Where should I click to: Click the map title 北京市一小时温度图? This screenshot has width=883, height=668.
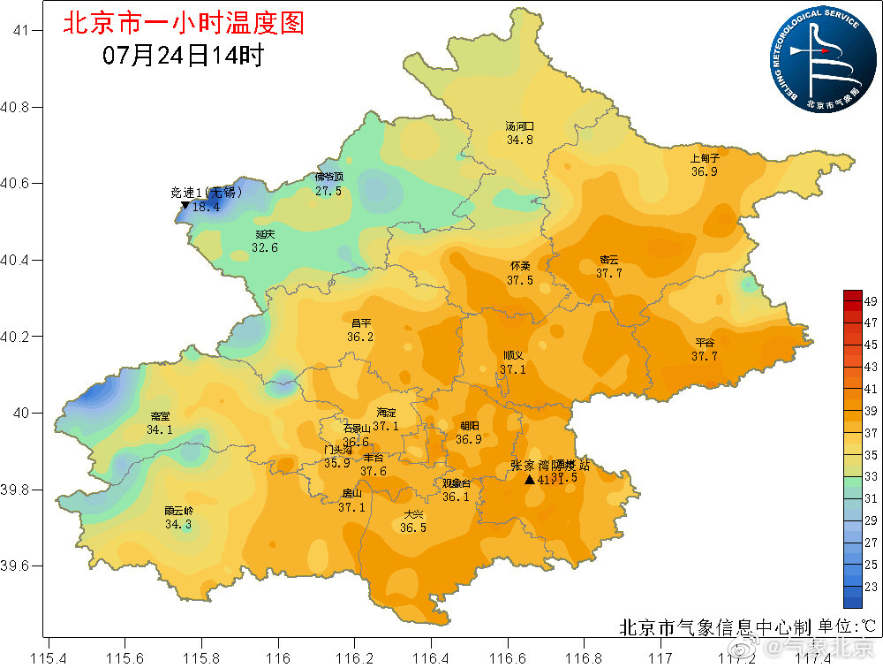click(x=183, y=22)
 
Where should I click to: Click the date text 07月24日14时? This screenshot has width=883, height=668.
click(x=183, y=56)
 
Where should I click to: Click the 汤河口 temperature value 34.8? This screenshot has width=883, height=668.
click(x=519, y=140)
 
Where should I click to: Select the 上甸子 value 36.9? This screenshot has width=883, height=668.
click(x=704, y=171)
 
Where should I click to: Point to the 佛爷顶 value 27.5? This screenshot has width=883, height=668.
click(x=328, y=190)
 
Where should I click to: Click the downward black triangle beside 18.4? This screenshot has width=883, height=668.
click(x=185, y=206)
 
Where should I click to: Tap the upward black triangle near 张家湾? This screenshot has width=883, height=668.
click(x=529, y=480)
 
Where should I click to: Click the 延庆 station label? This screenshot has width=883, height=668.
click(x=265, y=234)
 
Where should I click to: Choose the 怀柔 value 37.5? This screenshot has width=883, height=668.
click(x=519, y=280)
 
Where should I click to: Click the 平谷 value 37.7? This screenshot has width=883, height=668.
click(x=704, y=356)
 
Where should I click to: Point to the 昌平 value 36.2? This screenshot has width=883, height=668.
click(x=359, y=337)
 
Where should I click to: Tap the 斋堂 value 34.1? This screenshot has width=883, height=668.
click(x=160, y=429)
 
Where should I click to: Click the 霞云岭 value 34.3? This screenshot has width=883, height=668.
click(x=177, y=524)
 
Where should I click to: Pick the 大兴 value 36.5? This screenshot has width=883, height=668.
click(x=412, y=528)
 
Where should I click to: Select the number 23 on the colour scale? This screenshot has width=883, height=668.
click(x=869, y=586)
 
